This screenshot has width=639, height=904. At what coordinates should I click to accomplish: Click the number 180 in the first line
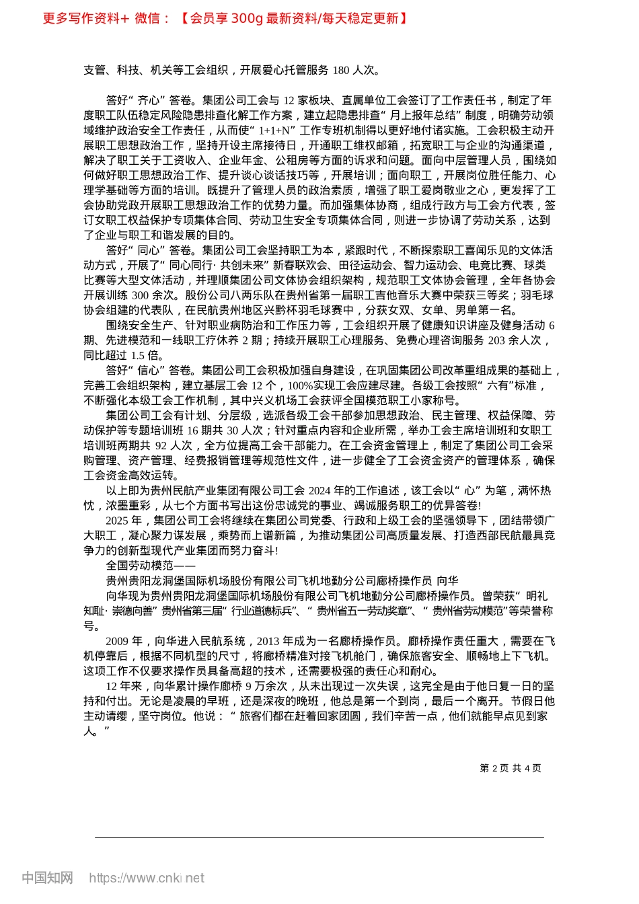pyautogui.click(x=341, y=70)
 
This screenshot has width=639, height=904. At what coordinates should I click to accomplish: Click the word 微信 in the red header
pyautogui.click(x=147, y=18)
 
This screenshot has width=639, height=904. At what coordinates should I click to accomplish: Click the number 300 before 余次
pyautogui.click(x=141, y=295)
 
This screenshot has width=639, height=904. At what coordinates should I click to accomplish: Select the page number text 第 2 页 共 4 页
pyautogui.click(x=510, y=768)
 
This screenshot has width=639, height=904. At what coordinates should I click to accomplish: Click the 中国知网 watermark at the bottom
pyautogui.click(x=47, y=878)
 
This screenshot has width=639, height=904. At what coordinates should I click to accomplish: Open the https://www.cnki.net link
pyautogui.click(x=147, y=878)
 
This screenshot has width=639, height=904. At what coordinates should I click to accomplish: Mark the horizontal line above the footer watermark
pyautogui.click(x=319, y=837)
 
